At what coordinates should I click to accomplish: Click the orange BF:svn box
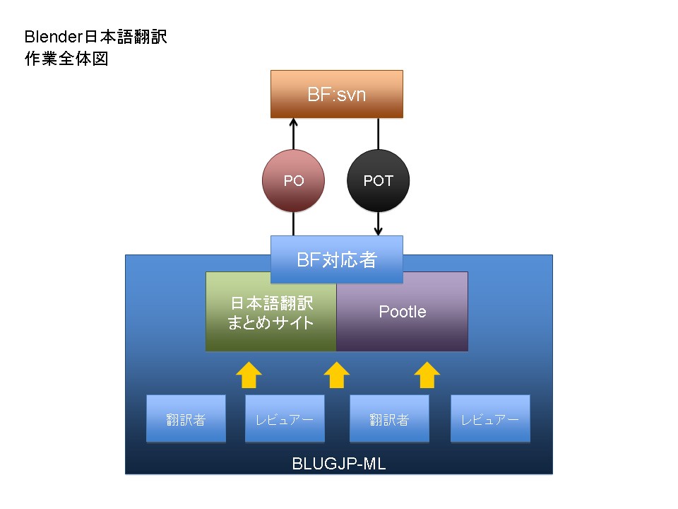(x=336, y=94)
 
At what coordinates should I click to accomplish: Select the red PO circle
(x=293, y=180)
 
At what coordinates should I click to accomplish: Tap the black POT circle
(x=378, y=180)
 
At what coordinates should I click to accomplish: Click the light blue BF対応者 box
(x=336, y=259)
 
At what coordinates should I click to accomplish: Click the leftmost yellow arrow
(x=249, y=375)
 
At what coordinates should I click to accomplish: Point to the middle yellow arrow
(x=336, y=375)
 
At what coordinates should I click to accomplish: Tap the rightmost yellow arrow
(x=427, y=375)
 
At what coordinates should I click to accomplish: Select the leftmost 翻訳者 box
(x=186, y=419)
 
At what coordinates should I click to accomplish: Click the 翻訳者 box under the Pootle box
(x=389, y=419)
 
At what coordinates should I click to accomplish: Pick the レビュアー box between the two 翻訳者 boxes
(x=285, y=419)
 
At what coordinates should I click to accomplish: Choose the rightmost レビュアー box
(x=490, y=419)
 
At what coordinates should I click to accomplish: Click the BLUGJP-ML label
(x=338, y=464)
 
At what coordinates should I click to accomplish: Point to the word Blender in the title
(x=53, y=37)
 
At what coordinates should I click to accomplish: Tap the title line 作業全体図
(x=66, y=59)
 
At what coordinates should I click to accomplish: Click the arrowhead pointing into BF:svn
(x=293, y=122)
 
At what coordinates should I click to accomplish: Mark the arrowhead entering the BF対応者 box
(x=378, y=231)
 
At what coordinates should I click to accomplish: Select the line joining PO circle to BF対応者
(x=293, y=224)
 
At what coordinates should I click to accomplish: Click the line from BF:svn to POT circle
(x=378, y=134)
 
